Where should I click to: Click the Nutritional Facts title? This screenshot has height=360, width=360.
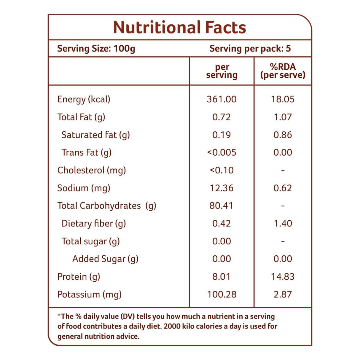180,27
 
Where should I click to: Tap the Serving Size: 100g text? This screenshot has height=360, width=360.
96,48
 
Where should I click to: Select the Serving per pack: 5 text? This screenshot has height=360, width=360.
250,48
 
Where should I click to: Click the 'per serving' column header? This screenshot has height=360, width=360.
222,71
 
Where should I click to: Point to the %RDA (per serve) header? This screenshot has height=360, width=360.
283,71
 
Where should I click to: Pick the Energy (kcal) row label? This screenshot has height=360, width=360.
84,99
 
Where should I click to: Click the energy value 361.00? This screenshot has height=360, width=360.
222,99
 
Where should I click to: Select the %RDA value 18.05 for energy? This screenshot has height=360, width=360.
283,99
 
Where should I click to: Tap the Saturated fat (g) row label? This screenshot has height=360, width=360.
95,135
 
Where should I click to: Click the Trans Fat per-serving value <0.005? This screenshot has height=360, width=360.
222,152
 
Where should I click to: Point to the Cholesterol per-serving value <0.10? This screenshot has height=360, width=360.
222,170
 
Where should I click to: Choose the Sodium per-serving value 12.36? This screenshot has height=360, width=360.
222,188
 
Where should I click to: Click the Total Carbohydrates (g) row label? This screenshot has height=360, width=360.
107,206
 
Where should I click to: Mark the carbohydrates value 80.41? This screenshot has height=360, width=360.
221,206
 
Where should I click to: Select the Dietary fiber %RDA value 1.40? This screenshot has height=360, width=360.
283,223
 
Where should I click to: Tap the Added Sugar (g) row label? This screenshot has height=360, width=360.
105,259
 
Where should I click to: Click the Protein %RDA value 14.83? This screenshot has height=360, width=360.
283,277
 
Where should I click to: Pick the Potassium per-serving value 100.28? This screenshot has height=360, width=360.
222,294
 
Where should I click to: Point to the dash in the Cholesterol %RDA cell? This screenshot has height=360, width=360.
283,171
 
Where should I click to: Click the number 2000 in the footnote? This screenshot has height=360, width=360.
172,326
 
